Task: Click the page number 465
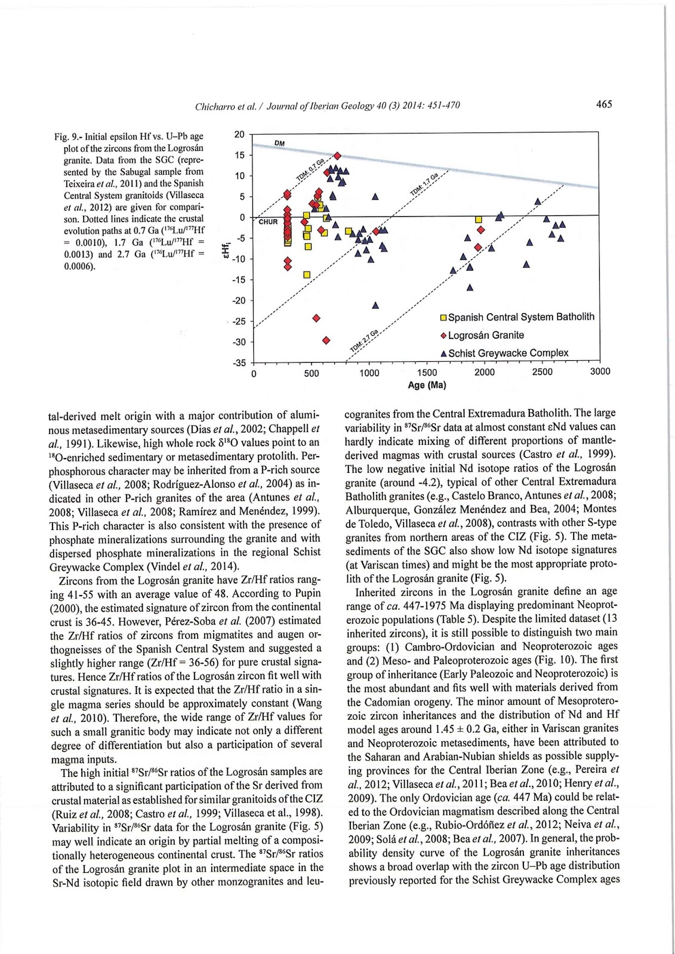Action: (x=603, y=104)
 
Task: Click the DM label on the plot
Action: (x=279, y=143)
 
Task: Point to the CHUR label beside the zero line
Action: (x=268, y=222)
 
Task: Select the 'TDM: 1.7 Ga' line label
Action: (x=424, y=184)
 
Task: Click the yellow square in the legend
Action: (x=443, y=317)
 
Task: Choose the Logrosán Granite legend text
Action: (x=486, y=335)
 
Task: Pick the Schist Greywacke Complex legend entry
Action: (x=508, y=353)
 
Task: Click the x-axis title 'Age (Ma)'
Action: (x=427, y=385)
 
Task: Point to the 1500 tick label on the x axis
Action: (x=427, y=373)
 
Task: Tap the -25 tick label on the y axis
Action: (x=238, y=321)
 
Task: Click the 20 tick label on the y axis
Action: (x=239, y=134)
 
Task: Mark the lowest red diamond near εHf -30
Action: (x=326, y=340)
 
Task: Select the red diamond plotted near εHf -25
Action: (x=316, y=318)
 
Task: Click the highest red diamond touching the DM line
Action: (x=337, y=156)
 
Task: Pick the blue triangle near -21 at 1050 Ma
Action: (x=375, y=305)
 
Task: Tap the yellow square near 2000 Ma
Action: (x=478, y=219)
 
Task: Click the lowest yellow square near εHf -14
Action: (x=307, y=274)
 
